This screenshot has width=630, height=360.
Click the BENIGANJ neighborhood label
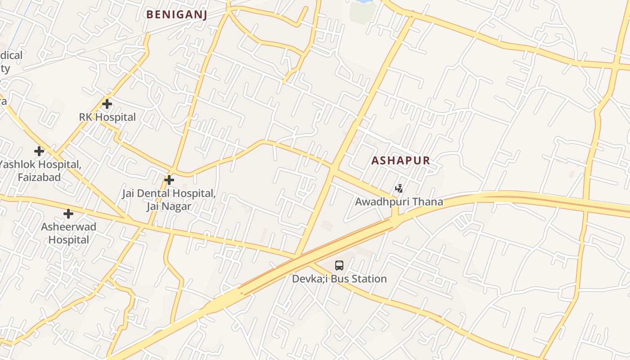pyautogui.click(x=176, y=14)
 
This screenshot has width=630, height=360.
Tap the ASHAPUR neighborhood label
pyautogui.click(x=400, y=161)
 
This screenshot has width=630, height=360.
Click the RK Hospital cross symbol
pyautogui.click(x=107, y=104)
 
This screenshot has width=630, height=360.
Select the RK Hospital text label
pyautogui.click(x=107, y=117)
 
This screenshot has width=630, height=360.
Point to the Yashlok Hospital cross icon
pyautogui.click(x=39, y=151)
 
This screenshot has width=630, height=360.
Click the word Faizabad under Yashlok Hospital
pyautogui.click(x=39, y=177)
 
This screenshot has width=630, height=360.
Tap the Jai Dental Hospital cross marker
pyautogui.click(x=169, y=180)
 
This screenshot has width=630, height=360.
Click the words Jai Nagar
pyautogui.click(x=169, y=207)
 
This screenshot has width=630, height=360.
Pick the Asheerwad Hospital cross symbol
pyautogui.click(x=68, y=213)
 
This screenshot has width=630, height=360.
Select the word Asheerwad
pyautogui.click(x=68, y=227)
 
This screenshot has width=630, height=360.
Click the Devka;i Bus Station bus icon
pyautogui.click(x=339, y=265)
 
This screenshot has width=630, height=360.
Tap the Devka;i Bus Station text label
pyautogui.click(x=339, y=279)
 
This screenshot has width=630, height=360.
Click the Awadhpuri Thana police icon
pyautogui.click(x=399, y=188)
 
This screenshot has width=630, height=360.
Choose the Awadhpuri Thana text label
pyautogui.click(x=399, y=202)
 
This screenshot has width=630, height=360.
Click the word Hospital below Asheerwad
pyautogui.click(x=68, y=240)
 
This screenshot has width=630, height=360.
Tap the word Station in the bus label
pyautogui.click(x=369, y=279)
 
